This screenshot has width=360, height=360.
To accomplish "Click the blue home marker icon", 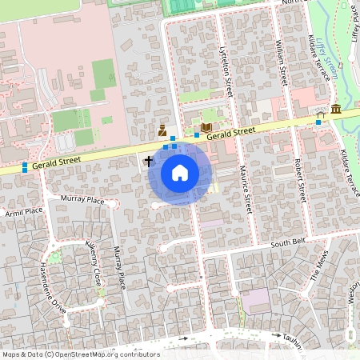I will tap(180, 172).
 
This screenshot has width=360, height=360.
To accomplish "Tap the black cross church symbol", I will tap(148, 161).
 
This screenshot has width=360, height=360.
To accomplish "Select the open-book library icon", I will tap(206, 127).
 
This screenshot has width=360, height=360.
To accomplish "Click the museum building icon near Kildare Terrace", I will tap(335, 109).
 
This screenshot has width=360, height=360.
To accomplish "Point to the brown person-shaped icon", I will tap(162, 130).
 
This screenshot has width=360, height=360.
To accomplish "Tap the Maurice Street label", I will tap(247, 193).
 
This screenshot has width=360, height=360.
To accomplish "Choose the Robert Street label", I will tap(300, 179).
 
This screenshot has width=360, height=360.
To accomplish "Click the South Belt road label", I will tap(289, 242).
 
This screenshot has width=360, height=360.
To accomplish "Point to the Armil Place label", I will tap(23, 211).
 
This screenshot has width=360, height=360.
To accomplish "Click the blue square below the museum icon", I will tap(319, 122).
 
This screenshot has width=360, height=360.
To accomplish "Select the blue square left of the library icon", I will tap(197, 134).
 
